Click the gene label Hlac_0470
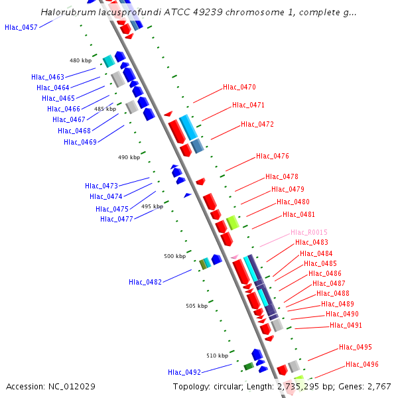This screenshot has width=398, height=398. coord(239,87)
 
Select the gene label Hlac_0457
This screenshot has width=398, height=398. coord(21,27)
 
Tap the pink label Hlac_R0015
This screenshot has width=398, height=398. coord(309,232)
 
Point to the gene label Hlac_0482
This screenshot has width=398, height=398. coord(145,282)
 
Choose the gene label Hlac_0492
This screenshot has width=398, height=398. coord(184,372)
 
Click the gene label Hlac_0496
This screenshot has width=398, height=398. coord(362,364)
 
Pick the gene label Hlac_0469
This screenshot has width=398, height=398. coord(80,141)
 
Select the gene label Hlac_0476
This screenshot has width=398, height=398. coord(273,157)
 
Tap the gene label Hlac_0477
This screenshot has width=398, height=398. coord(117,219)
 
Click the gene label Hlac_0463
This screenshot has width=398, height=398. coord(48,77)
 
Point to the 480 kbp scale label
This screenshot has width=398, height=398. coord(80,60)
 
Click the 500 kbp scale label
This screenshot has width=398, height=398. coord(174,256)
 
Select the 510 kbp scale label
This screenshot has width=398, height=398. coord(217,356)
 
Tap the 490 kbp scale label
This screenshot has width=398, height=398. coord(129,157)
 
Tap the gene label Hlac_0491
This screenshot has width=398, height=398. coord(346,325)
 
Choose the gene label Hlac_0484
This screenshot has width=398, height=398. coord(316,253)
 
